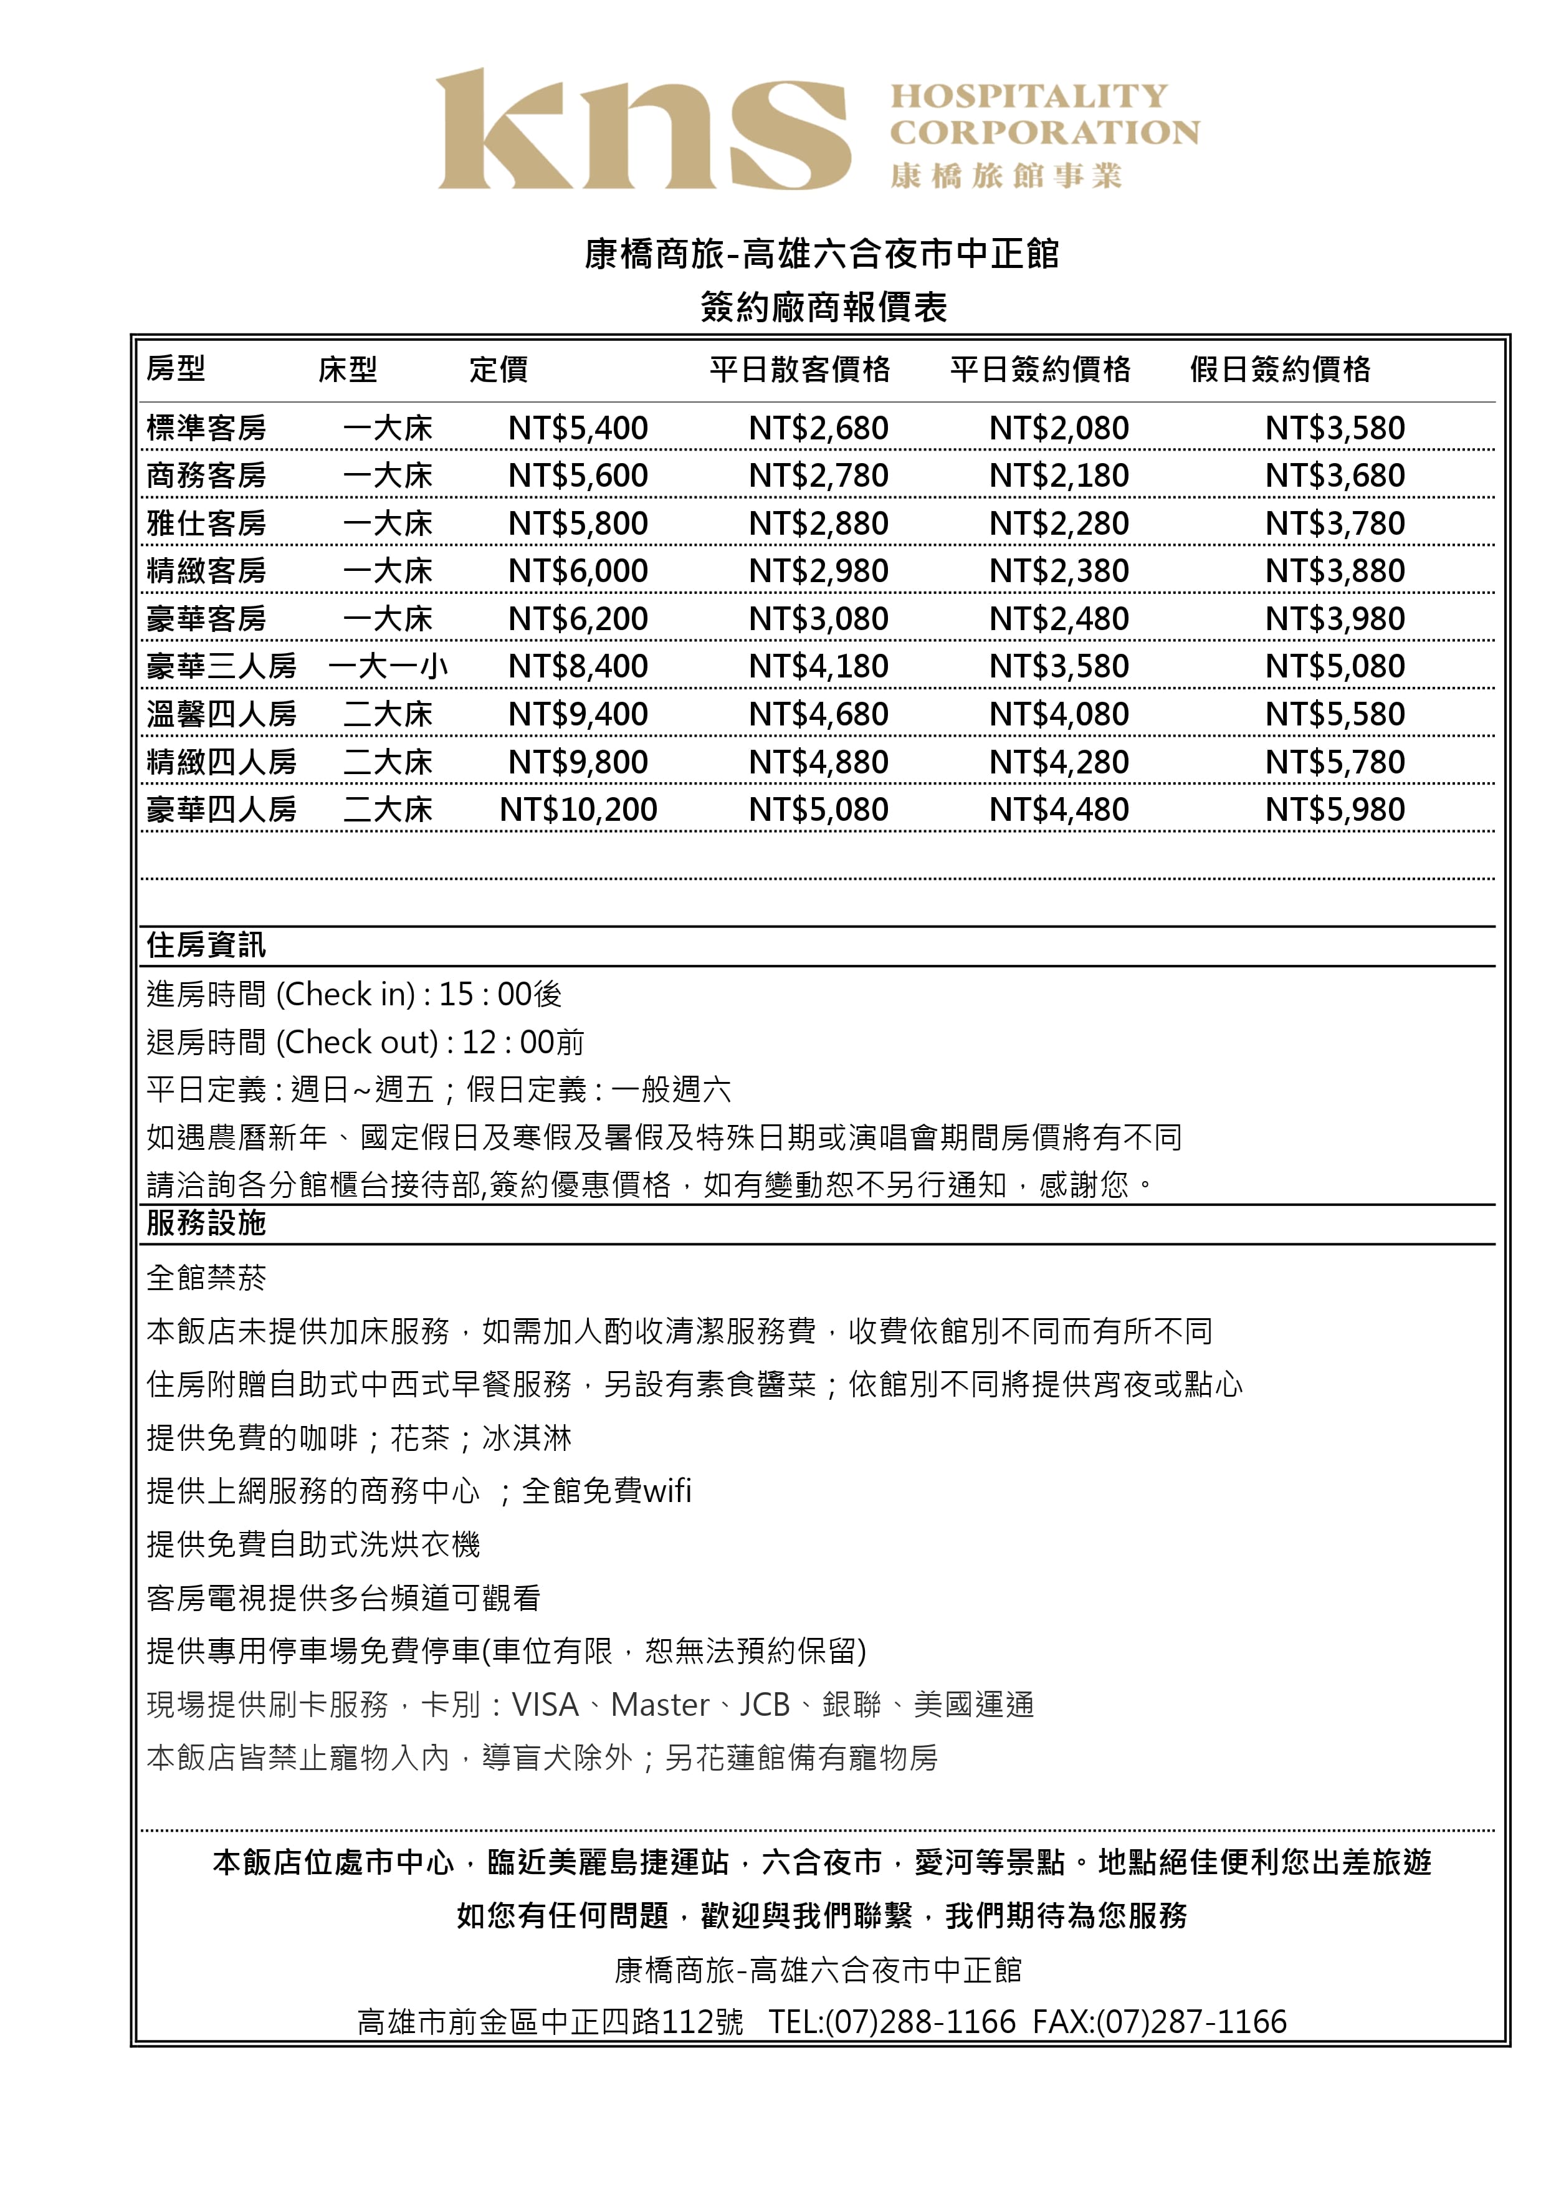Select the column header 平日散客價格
coord(799,370)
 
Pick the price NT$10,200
coord(578,810)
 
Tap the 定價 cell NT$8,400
coord(578,667)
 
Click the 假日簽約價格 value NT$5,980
coord(1335,810)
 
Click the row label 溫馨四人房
coord(221,714)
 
